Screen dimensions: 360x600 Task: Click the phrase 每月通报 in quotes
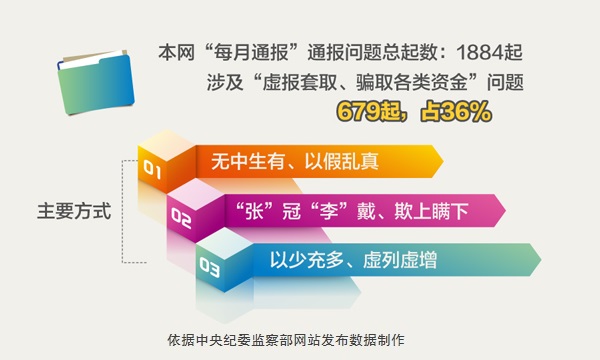pos(237,50)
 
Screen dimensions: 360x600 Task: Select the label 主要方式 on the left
pos(73,211)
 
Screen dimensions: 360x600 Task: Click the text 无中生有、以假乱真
pos(296,161)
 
